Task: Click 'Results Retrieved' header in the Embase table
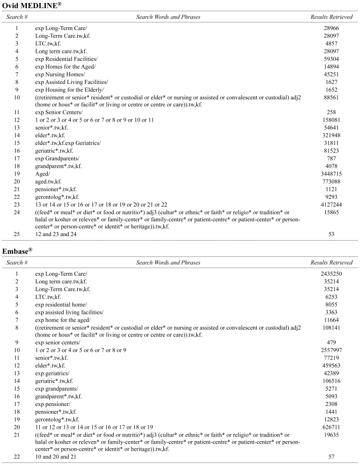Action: (x=331, y=263)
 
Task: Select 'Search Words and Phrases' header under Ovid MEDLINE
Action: (x=168, y=17)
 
